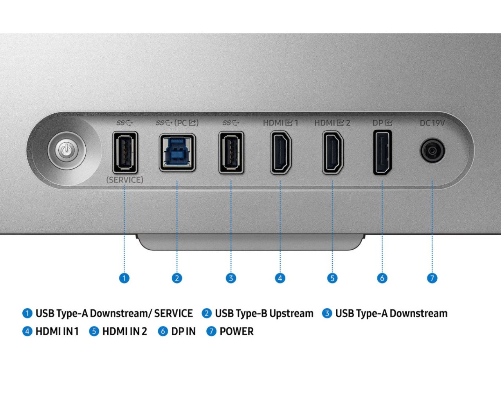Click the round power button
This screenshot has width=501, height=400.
click(x=67, y=150)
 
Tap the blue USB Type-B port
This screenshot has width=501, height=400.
click(x=177, y=152)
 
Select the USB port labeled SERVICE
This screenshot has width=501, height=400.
click(x=125, y=152)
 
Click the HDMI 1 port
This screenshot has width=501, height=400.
click(x=281, y=152)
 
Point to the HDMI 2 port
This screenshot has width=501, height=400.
click(x=333, y=152)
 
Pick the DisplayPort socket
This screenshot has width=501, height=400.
click(x=382, y=152)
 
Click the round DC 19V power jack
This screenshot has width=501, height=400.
click(x=433, y=151)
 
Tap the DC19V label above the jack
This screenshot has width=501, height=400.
click(x=432, y=123)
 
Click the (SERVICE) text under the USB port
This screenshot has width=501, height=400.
click(x=125, y=180)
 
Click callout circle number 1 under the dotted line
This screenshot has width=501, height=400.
click(x=124, y=278)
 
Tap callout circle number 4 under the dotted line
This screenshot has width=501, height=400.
click(x=280, y=278)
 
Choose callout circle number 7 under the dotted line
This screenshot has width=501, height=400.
click(x=432, y=278)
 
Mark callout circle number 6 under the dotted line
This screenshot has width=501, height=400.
click(x=382, y=278)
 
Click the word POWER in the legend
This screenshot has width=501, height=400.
click(x=236, y=332)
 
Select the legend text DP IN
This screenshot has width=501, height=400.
click(x=183, y=332)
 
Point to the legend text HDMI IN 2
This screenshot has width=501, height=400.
click(x=124, y=332)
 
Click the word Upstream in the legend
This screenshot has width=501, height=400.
click(x=291, y=314)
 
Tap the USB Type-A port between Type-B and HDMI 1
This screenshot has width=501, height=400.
click(x=231, y=152)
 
